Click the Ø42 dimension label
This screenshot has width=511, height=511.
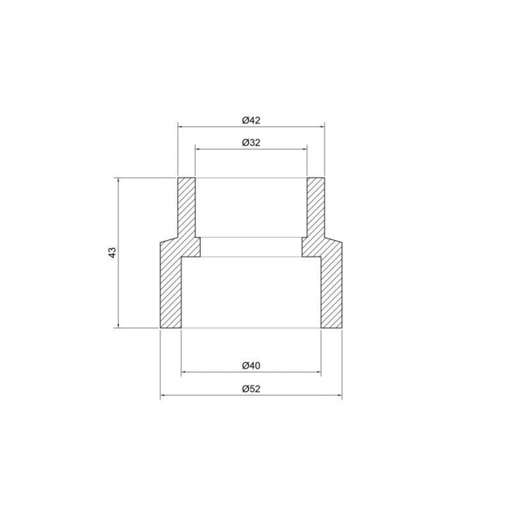(x=250, y=121)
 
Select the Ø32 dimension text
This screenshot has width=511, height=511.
(x=250, y=143)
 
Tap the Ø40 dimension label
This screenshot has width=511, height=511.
(x=250, y=365)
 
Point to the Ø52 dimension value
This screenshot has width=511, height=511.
(x=250, y=389)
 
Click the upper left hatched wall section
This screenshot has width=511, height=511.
(x=187, y=207)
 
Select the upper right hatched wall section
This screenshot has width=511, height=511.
(x=315, y=207)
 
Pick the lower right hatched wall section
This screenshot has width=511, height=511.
(x=331, y=291)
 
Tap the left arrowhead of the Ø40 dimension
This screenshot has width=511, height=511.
(x=184, y=371)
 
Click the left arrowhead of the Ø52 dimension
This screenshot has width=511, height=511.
(x=162, y=395)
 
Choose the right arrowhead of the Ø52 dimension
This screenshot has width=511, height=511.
(x=340, y=395)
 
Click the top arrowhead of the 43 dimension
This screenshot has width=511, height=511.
(x=119, y=180)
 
